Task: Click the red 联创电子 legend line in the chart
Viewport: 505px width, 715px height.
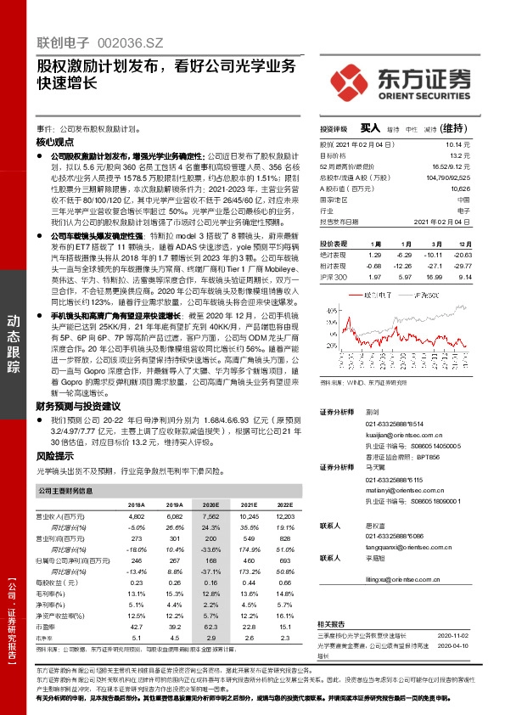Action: pos(356,296)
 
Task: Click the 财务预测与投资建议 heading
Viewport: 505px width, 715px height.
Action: pos(76,406)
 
